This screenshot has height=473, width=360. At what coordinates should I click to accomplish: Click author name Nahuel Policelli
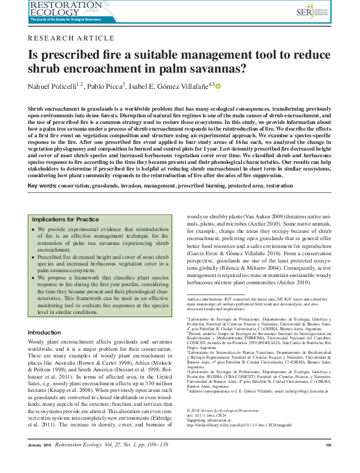tap(53, 87)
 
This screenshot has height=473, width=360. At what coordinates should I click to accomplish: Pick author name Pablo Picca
tap(105, 87)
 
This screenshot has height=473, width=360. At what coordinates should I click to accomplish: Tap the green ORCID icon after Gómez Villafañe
tap(218, 87)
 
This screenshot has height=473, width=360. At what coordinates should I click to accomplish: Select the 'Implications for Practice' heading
tap(65, 220)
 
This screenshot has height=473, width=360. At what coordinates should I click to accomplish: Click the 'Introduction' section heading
tap(44, 333)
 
